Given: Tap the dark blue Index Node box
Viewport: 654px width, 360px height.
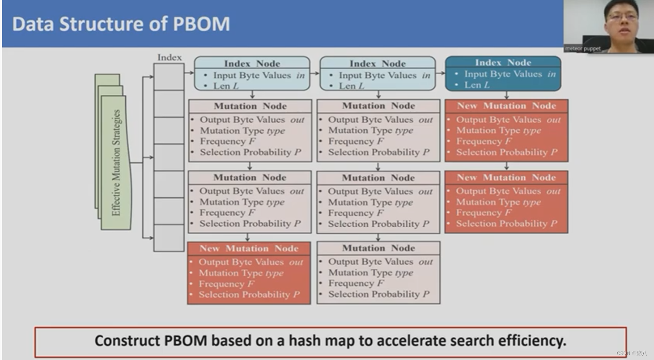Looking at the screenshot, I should point(503,73).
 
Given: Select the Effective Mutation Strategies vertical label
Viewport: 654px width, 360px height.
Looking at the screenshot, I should point(116,163).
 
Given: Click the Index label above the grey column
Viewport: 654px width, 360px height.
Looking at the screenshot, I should point(170,57).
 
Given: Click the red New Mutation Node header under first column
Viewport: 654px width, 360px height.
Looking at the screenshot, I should point(249,248).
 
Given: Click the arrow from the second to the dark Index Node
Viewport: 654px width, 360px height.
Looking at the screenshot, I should point(440,73).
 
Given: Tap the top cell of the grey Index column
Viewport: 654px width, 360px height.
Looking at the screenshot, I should point(169,76).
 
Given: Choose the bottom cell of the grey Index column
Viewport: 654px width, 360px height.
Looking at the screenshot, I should point(169,238).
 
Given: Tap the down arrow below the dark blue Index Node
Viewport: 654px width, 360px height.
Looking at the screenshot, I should point(506,95).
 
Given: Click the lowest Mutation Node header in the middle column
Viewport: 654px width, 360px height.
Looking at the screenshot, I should point(378,248).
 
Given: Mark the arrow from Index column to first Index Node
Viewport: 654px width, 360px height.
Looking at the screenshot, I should point(189,73).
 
